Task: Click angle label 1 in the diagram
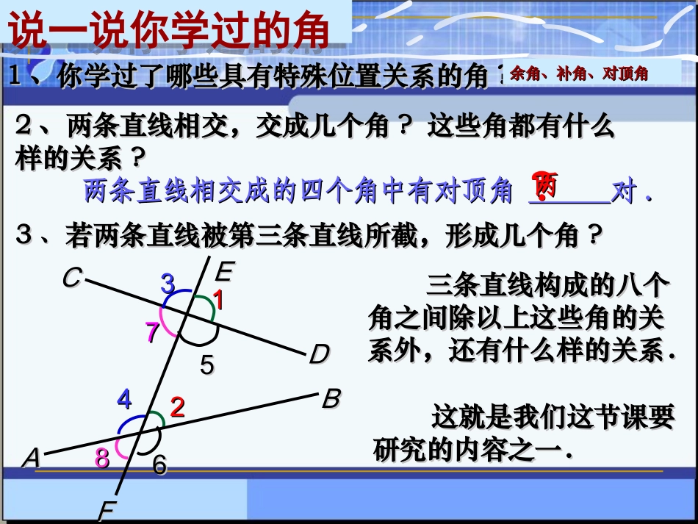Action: (217, 300)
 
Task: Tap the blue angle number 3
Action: (168, 283)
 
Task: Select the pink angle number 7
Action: (152, 333)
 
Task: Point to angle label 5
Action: (207, 365)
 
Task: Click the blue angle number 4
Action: (124, 401)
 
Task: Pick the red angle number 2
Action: (177, 406)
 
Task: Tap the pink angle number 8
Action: (102, 458)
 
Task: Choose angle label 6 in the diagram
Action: (159, 464)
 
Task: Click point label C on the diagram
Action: (71, 278)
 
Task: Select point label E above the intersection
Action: (223, 273)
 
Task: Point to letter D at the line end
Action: (319, 355)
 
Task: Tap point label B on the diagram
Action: (331, 399)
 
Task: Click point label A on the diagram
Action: (31, 458)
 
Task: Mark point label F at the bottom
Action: (107, 511)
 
